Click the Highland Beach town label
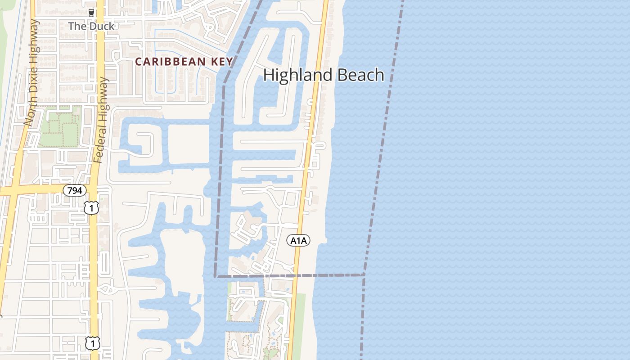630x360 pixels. pyautogui.click(x=324, y=75)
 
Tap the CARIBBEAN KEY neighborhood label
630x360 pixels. pyautogui.click(x=184, y=62)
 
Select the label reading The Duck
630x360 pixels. pyautogui.click(x=91, y=26)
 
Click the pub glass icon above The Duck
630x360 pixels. pyautogui.click(x=91, y=13)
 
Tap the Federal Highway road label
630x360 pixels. pyautogui.click(x=102, y=119)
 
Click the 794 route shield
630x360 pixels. pyautogui.click(x=74, y=190)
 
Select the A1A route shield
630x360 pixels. pyautogui.click(x=298, y=241)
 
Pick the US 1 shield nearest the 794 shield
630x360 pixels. pyautogui.click(x=91, y=207)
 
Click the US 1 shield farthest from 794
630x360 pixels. pyautogui.click(x=93, y=343)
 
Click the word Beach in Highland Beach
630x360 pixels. pyautogui.click(x=360, y=75)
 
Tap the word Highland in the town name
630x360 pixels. pyautogui.click(x=297, y=75)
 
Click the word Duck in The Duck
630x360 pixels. pyautogui.click(x=102, y=26)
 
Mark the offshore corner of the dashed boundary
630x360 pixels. pyautogui.click(x=364, y=274)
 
